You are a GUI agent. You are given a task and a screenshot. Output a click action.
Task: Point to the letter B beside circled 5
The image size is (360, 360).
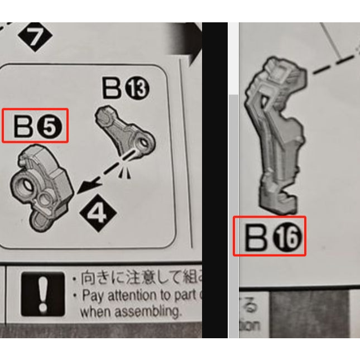pyautogui.click(x=24, y=127)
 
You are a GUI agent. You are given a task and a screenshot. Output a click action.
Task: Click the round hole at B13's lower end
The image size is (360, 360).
pyautogui.click(x=145, y=145)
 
